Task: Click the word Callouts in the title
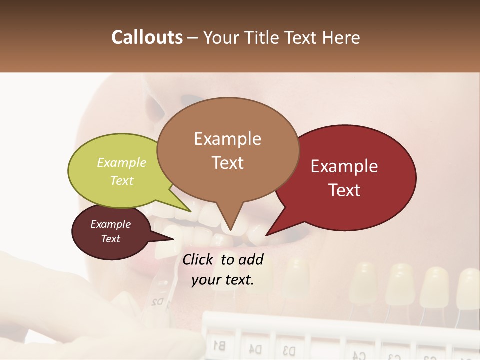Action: click(x=147, y=37)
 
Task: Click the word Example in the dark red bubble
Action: click(x=344, y=166)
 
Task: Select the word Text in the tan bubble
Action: click(x=228, y=163)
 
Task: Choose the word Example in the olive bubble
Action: click(x=122, y=162)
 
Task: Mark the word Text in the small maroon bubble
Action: click(x=110, y=239)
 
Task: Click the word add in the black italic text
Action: click(x=250, y=259)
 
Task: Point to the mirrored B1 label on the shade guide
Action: click(x=219, y=345)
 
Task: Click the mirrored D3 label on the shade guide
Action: click(x=288, y=349)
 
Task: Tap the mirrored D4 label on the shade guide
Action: click(x=255, y=347)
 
